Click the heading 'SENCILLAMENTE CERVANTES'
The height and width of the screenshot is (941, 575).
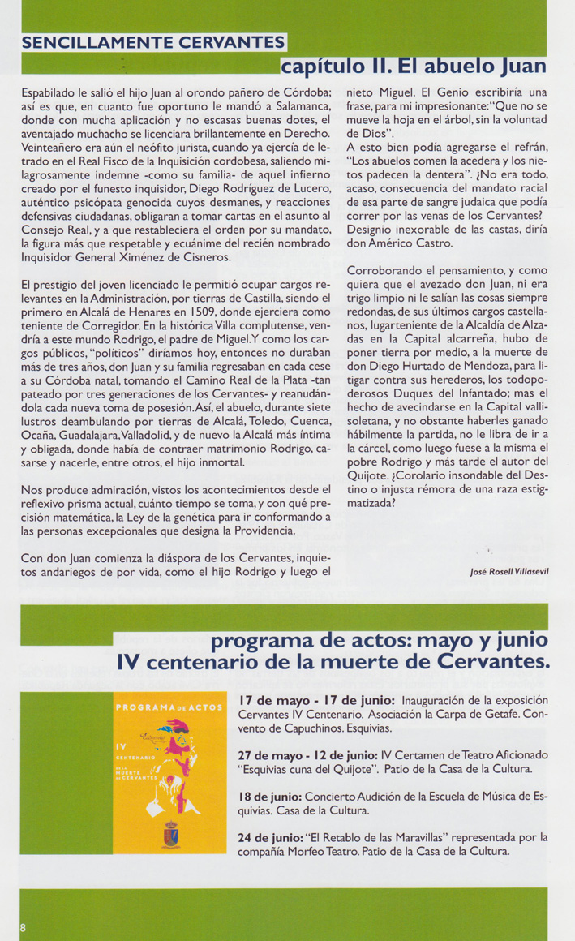(x=153, y=43)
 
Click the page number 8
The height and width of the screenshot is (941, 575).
(x=24, y=927)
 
